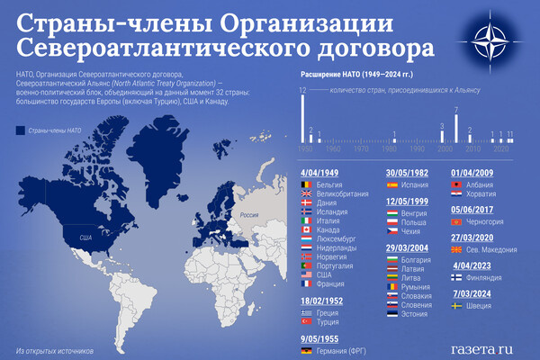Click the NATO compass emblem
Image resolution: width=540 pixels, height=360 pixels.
tap(490, 40)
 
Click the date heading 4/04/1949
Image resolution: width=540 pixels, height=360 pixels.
tap(321, 172)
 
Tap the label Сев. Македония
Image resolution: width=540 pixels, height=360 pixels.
tap(492, 248)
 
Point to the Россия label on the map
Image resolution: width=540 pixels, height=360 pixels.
tap(248, 215)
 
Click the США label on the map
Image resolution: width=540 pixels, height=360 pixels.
tap(86, 237)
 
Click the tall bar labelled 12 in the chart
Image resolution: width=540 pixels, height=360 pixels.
tap(303, 118)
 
